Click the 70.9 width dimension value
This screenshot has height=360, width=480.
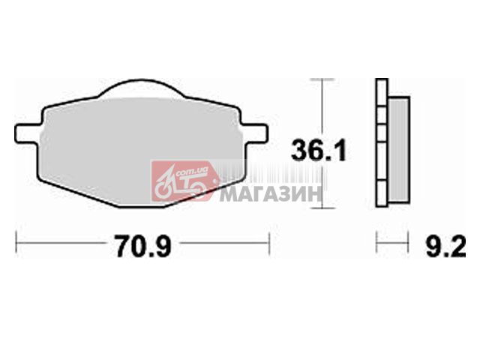tap(142, 246)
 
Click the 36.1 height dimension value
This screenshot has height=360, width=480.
tap(318, 150)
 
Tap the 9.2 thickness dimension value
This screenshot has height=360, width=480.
tap(445, 246)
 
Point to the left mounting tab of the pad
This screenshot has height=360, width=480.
tap(28, 133)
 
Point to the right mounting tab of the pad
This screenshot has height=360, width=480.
tap(255, 133)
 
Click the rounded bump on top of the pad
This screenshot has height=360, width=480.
tap(142, 88)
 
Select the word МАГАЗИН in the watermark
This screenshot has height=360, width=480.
tap(271, 193)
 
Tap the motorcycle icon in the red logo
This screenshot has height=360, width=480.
tap(179, 183)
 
